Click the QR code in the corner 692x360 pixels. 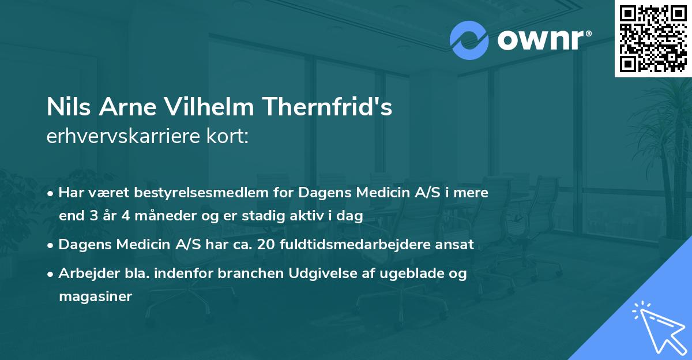coord(653,38)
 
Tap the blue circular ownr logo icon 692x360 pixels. coord(468,40)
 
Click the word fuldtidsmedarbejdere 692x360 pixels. coord(366,244)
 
